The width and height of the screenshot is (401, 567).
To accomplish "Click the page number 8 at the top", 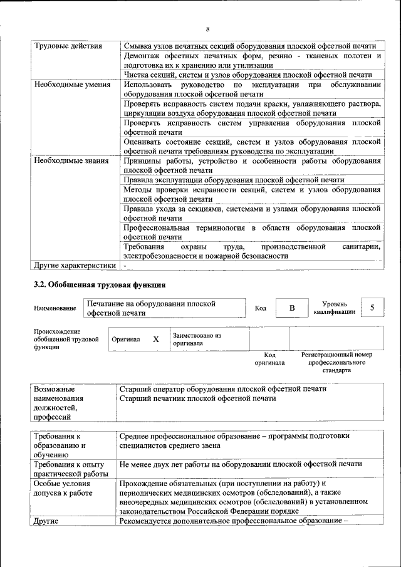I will click(207, 29).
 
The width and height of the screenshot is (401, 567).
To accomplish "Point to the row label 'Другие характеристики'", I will click(75, 265).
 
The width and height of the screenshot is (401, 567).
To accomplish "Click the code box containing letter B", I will click(291, 308).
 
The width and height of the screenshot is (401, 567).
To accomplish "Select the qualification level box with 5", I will click(373, 308).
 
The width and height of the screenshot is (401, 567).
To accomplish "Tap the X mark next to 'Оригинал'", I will click(156, 339).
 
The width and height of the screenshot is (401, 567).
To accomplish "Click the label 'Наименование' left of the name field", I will click(55, 308).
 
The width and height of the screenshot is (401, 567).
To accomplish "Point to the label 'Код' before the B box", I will click(261, 308).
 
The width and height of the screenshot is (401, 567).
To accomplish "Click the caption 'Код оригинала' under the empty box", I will click(269, 358).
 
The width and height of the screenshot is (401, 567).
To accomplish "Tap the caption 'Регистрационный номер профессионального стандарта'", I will click(336, 362).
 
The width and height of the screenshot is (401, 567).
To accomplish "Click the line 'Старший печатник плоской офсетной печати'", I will click(197, 398).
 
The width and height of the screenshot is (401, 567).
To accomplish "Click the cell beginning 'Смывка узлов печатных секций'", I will click(249, 46).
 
